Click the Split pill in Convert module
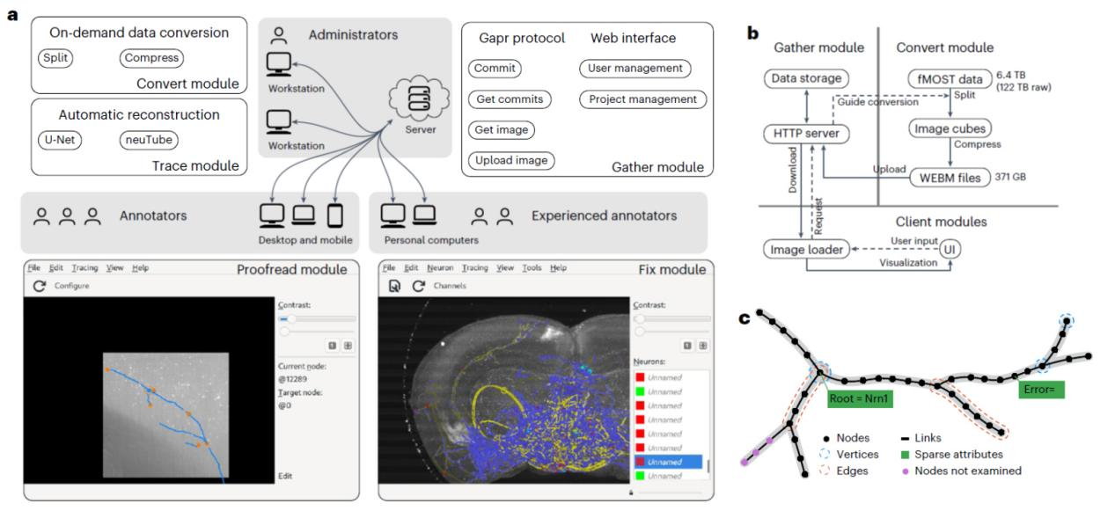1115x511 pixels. [x=58, y=57]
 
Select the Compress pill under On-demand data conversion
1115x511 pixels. [x=151, y=57]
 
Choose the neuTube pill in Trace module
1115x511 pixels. [x=149, y=138]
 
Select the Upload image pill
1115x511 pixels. [x=511, y=160]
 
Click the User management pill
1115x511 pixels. [x=635, y=69]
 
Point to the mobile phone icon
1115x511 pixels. [x=334, y=215]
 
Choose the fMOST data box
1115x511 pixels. [x=946, y=78]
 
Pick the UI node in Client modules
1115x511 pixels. [x=949, y=249]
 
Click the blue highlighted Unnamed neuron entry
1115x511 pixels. [x=667, y=461]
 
